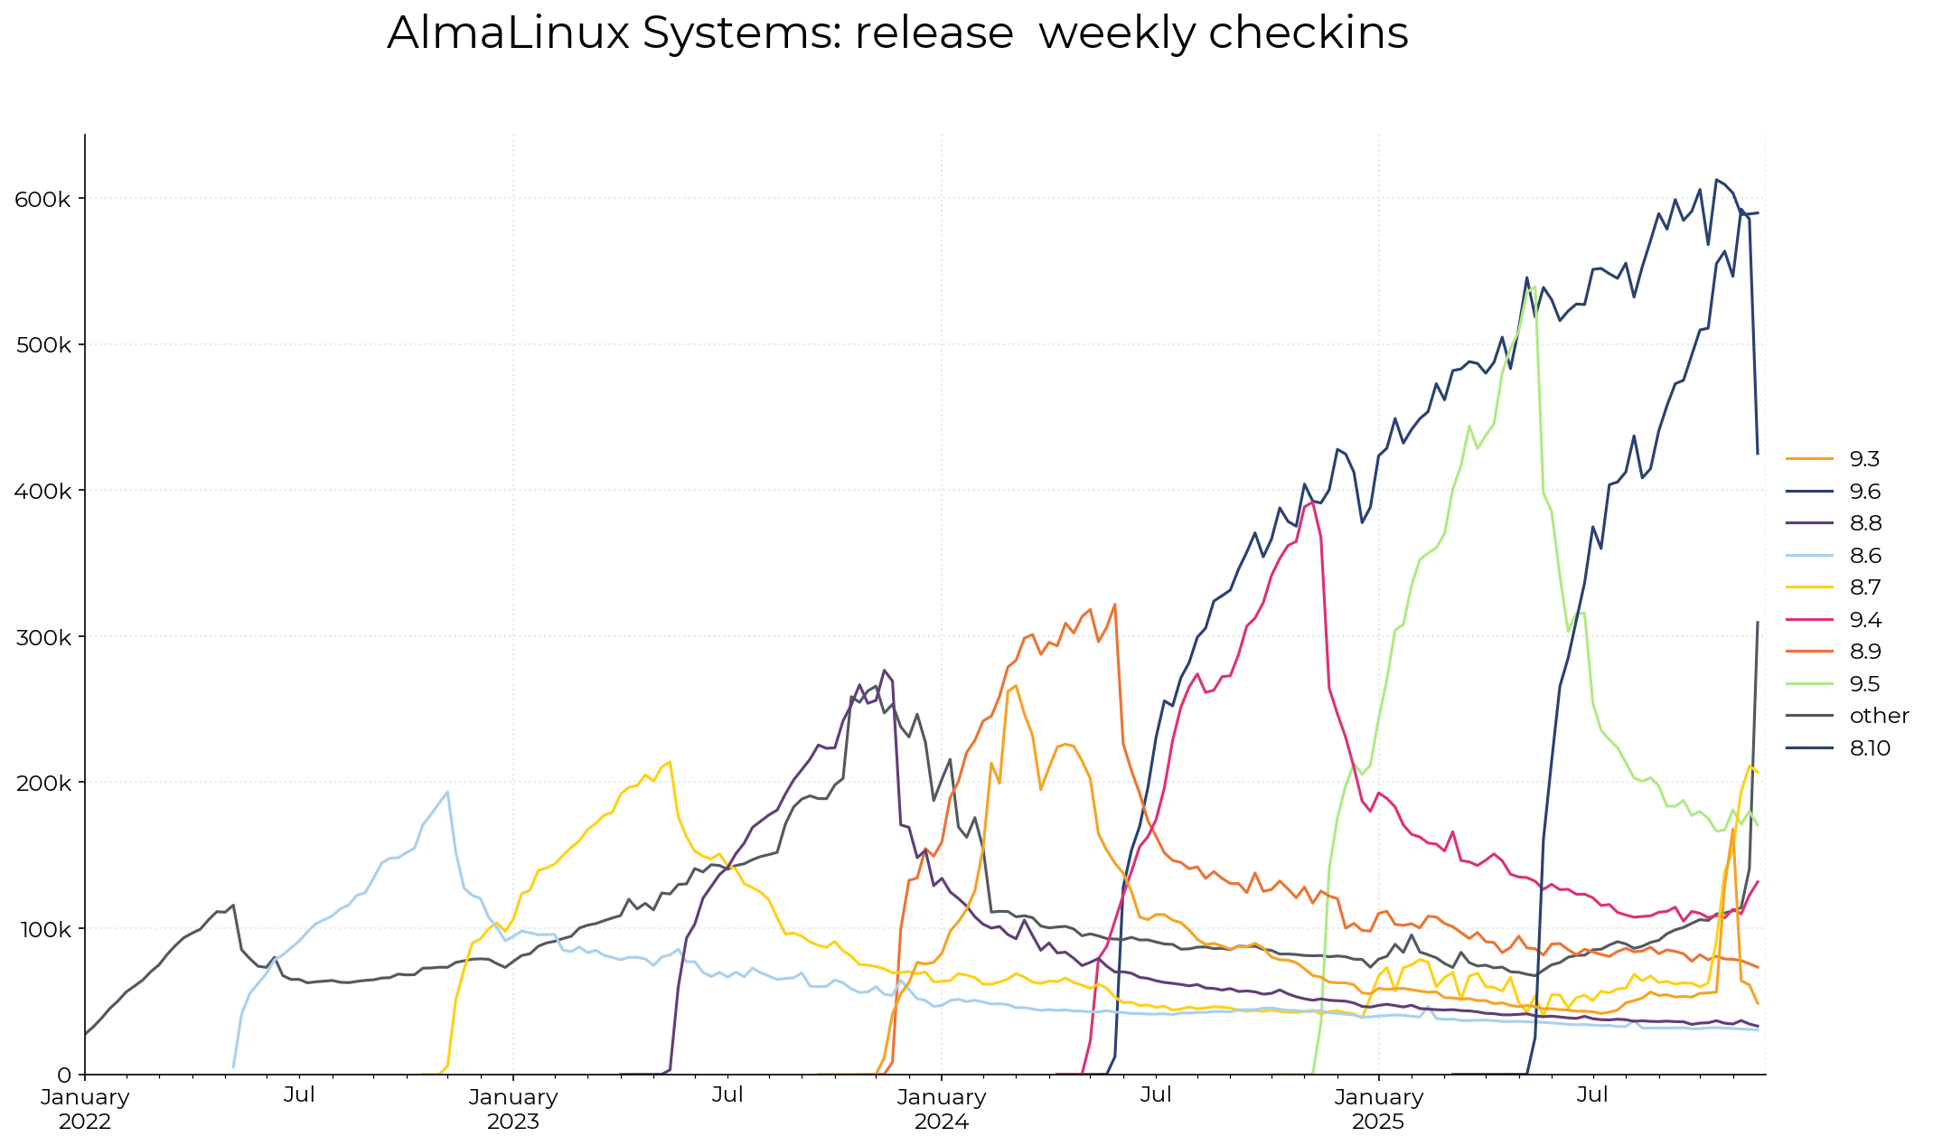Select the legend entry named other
tap(1878, 716)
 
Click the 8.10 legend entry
tap(1869, 748)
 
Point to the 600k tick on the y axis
tap(42, 199)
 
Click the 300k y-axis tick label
tap(42, 637)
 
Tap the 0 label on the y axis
tap(64, 1076)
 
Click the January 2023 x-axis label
tap(513, 1109)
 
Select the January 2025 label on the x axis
tap(1378, 1109)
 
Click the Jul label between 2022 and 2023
tap(299, 1095)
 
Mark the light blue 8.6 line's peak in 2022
tap(447, 792)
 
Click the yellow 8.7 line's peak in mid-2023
tap(669, 761)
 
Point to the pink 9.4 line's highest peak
tap(1311, 503)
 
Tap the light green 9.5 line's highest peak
tap(1534, 287)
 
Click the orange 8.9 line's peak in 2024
tap(1114, 604)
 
